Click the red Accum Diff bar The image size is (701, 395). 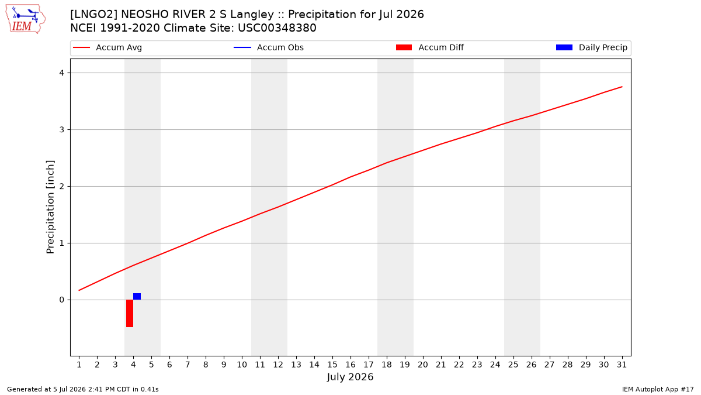click(130, 313)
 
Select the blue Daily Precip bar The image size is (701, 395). click(137, 296)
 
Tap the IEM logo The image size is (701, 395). click(25, 19)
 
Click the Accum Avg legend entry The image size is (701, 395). click(107, 47)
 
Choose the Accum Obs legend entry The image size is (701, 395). click(269, 47)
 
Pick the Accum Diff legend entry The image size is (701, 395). click(430, 47)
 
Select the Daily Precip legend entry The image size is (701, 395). click(591, 47)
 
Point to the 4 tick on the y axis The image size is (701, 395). click(62, 73)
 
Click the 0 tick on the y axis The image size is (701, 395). click(62, 300)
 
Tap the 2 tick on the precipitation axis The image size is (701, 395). click(62, 187)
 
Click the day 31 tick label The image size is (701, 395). click(622, 365)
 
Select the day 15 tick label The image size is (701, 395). click(332, 365)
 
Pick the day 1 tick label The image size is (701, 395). click(79, 365)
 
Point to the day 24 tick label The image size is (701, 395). click(495, 365)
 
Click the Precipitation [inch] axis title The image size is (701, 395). click(50, 207)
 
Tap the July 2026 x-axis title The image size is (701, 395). click(350, 377)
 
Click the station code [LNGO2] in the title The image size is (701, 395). click(93, 15)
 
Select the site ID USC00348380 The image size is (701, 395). click(277, 28)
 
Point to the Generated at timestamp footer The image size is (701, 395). click(82, 389)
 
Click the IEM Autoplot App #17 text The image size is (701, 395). click(658, 389)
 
